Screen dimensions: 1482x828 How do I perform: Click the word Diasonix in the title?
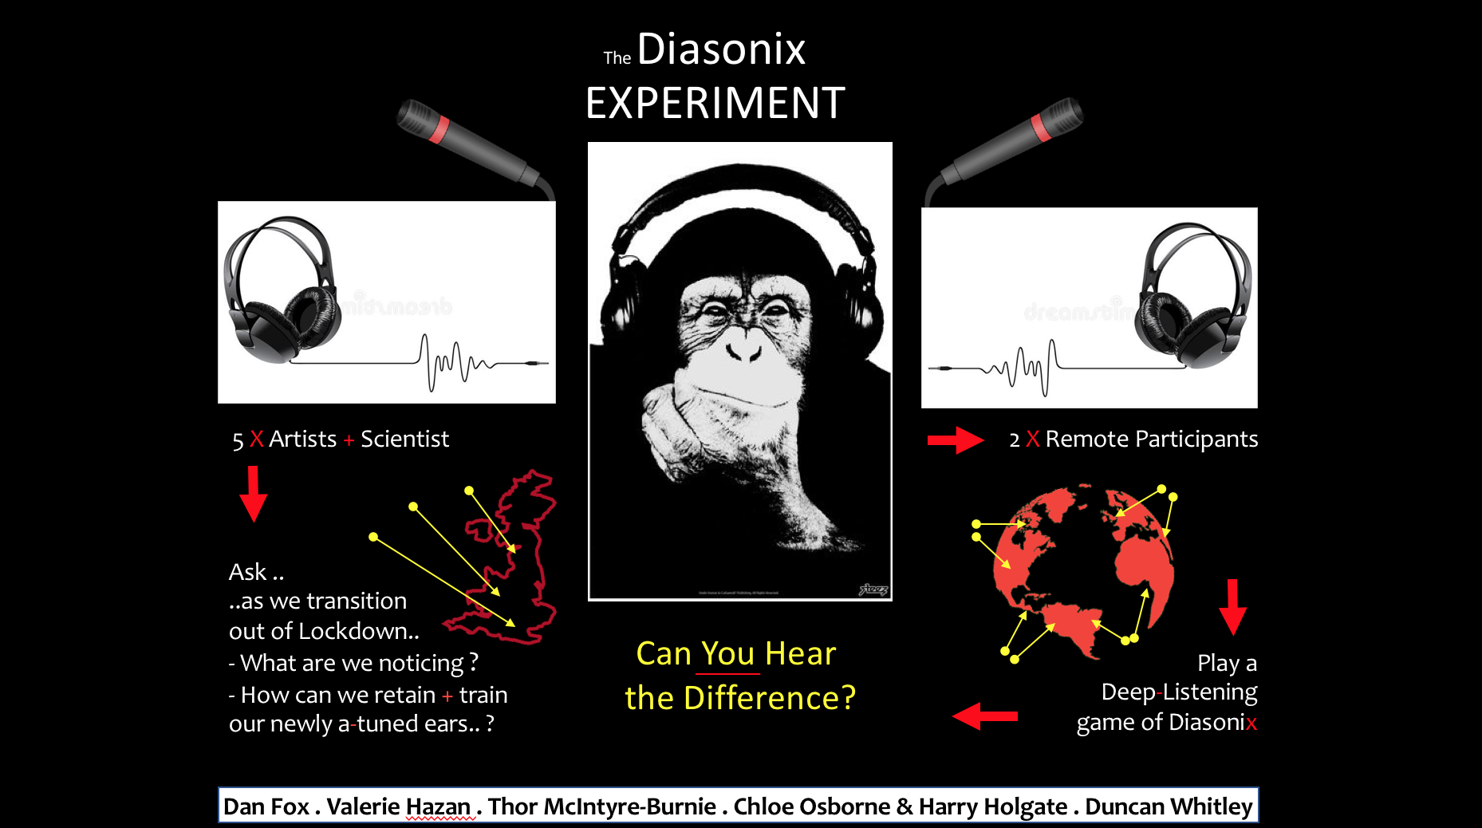coord(721,49)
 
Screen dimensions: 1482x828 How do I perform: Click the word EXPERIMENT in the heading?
coord(715,104)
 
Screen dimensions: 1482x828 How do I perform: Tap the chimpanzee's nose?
coord(744,348)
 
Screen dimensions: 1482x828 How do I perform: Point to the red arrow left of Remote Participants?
coord(956,440)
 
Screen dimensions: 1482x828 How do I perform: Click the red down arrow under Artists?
coord(253,494)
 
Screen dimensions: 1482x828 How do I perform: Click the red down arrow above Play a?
coord(1232,607)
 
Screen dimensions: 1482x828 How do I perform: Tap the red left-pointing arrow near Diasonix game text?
coord(985,716)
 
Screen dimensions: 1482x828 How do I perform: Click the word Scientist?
coord(404,439)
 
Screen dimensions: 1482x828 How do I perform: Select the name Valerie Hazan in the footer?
coord(398,806)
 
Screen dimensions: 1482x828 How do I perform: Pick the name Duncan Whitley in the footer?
coord(1169,806)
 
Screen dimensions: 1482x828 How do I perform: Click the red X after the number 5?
coord(256,439)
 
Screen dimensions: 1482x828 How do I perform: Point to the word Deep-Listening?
coord(1179,692)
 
